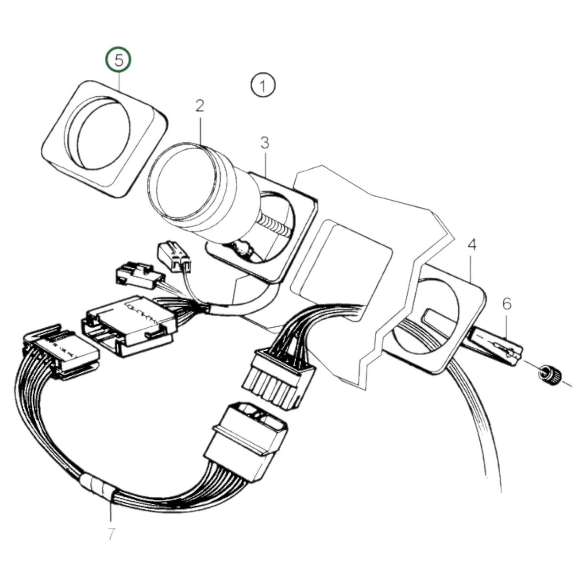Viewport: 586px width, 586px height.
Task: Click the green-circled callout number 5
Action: click(118, 60)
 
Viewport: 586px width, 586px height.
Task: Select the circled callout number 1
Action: click(263, 86)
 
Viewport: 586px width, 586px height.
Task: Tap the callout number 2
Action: click(200, 106)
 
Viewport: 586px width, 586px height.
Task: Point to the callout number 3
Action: click(264, 143)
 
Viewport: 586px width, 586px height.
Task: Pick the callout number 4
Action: click(472, 245)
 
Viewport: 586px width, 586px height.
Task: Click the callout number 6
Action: click(507, 304)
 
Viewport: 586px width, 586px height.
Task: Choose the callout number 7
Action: click(111, 534)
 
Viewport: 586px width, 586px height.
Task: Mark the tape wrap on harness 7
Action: click(97, 485)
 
